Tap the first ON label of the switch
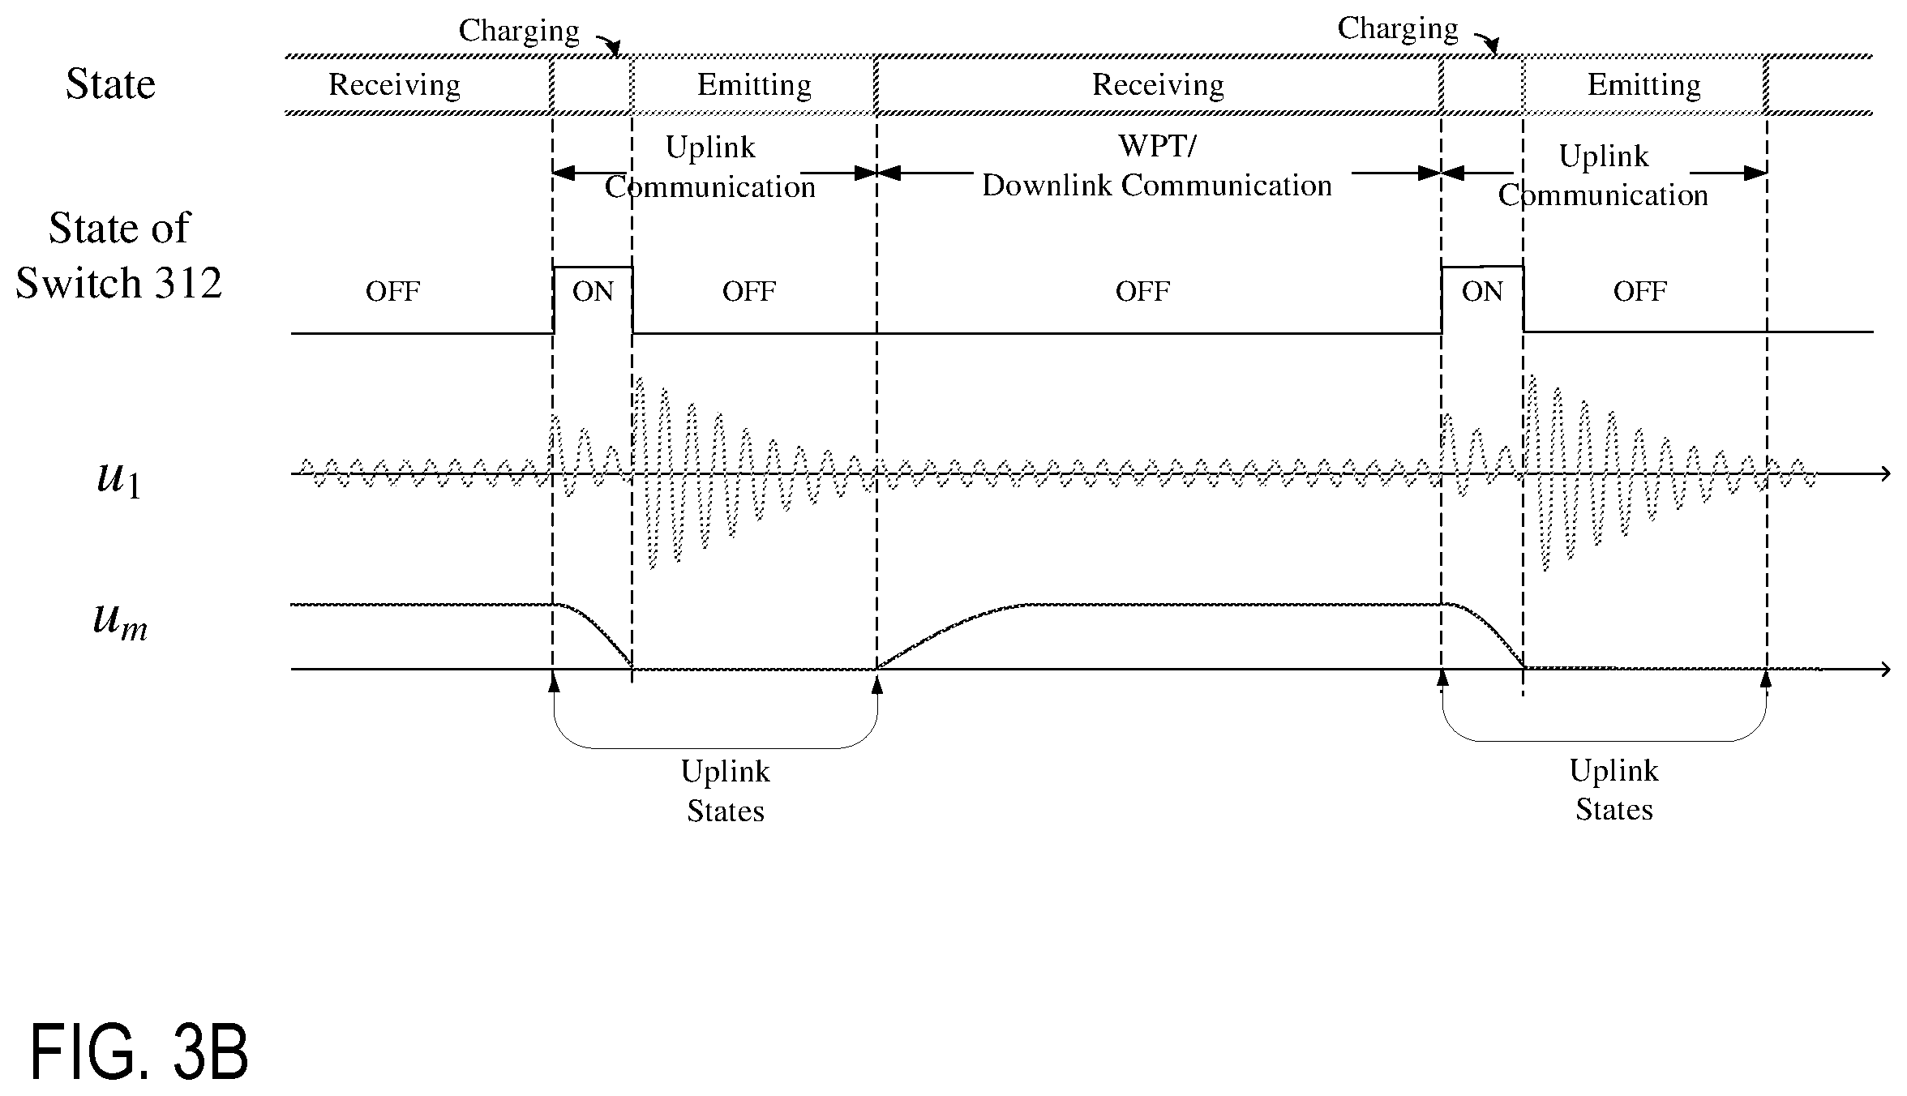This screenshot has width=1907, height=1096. (593, 291)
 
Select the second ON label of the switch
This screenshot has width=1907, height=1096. (1482, 291)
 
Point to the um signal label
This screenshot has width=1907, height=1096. (120, 622)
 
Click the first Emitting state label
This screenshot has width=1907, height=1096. (754, 85)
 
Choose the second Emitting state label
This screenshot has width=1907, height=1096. (1643, 85)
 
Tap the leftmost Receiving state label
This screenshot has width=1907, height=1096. (394, 85)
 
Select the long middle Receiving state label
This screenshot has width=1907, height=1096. (1158, 85)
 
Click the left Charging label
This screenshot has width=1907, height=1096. (519, 31)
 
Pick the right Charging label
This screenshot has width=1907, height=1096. (1398, 28)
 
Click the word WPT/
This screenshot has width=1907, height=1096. (1157, 146)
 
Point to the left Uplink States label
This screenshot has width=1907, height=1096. (726, 790)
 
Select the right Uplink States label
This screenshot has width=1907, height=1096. (1614, 789)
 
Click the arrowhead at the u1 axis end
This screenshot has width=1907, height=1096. (1885, 474)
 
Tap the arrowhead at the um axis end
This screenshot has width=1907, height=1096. (1885, 670)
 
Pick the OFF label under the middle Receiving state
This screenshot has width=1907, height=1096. (1142, 291)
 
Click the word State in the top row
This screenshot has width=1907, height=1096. (110, 83)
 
